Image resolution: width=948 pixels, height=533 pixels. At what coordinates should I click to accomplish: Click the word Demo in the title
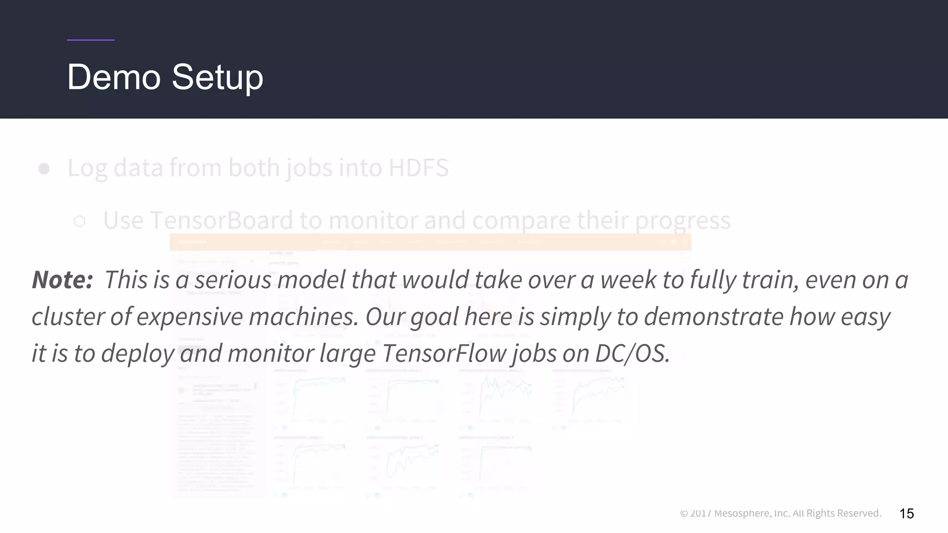pyautogui.click(x=114, y=77)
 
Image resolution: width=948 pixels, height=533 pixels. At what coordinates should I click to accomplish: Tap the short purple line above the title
pyautogui.click(x=91, y=40)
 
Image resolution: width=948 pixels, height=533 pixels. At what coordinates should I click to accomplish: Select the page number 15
pyautogui.click(x=906, y=514)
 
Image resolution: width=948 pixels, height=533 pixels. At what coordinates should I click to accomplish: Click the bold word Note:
pyautogui.click(x=62, y=280)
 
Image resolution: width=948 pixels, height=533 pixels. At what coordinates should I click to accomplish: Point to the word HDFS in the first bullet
pyautogui.click(x=418, y=167)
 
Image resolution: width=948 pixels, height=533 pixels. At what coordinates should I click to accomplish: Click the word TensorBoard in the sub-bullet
pyautogui.click(x=222, y=220)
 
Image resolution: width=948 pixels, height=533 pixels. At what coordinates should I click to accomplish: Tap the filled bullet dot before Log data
pyautogui.click(x=44, y=168)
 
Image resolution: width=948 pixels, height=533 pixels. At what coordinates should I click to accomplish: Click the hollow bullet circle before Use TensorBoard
pyautogui.click(x=80, y=222)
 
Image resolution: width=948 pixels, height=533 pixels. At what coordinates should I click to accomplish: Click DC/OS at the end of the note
pyautogui.click(x=632, y=353)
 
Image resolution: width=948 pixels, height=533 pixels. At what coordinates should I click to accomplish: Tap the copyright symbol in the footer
pyautogui.click(x=684, y=514)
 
